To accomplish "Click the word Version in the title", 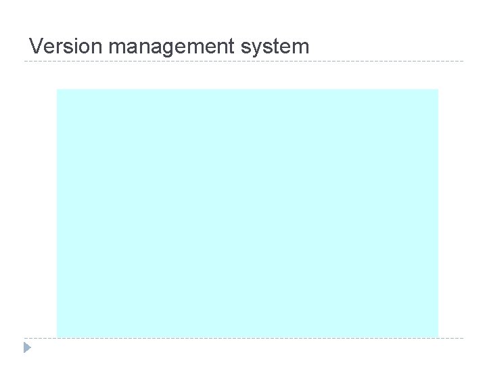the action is click(x=66, y=47).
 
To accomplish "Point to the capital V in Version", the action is click(x=37, y=47).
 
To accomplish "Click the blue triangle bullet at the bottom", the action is click(x=27, y=348).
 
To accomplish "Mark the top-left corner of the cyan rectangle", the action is click(x=57, y=90).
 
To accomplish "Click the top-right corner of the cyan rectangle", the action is click(x=438, y=90).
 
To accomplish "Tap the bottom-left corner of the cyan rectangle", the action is click(x=57, y=336).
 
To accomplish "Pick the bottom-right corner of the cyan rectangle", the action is click(x=438, y=336).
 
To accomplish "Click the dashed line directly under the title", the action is click(x=243, y=62).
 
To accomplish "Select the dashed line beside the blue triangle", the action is click(x=243, y=338).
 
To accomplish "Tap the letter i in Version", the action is click(x=75, y=47).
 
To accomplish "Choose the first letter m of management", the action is click(x=116, y=47).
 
